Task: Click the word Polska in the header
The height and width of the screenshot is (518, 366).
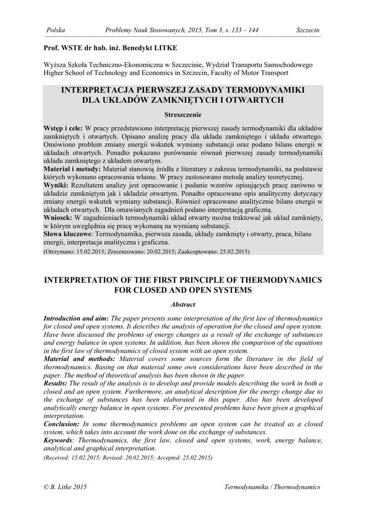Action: point(55,30)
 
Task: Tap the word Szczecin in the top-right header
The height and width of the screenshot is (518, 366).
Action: point(308,30)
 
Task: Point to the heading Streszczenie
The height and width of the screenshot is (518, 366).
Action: point(182,114)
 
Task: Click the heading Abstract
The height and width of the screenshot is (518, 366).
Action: point(183,304)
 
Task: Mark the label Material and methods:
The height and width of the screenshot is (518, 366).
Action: point(79,359)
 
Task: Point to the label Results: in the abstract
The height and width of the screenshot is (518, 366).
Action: point(56,383)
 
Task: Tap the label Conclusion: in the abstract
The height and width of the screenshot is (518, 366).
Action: point(62,424)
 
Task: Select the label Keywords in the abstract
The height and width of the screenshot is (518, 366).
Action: point(59,441)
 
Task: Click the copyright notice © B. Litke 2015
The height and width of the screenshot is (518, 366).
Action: point(66,487)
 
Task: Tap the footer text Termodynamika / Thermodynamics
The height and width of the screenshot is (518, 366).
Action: point(272,487)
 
